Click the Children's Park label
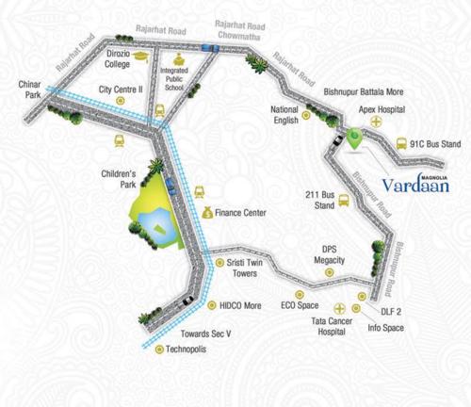(120, 179)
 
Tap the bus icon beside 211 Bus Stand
(345, 201)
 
